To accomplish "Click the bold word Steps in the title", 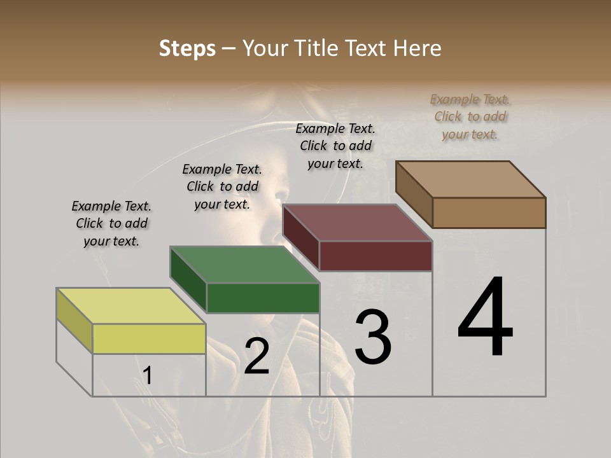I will tap(187, 48).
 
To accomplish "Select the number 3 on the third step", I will tap(373, 337).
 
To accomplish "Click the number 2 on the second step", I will tap(256, 356).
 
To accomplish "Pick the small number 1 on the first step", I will tap(148, 376).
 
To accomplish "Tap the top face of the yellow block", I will tap(131, 306).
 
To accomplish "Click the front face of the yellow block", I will tap(149, 338).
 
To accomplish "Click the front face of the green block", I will tap(263, 298).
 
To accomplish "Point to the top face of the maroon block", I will tap(357, 223).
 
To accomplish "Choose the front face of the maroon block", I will tap(376, 256).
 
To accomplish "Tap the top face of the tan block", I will tap(470, 179).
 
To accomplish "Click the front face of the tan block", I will tap(489, 212).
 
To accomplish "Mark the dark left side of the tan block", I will tap(414, 194).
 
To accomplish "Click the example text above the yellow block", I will tap(111, 223).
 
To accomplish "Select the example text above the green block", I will tap(222, 186).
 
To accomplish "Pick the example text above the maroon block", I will tap(335, 146).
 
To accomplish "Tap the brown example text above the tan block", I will tap(470, 116).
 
